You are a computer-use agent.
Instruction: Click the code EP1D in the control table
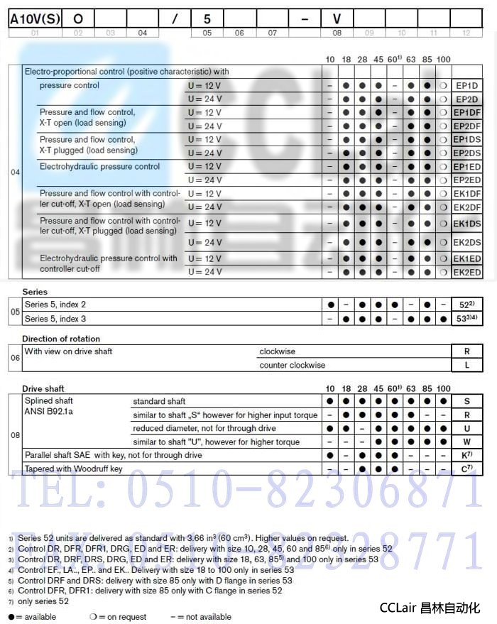click(x=466, y=86)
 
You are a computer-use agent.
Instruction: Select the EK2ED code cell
click(x=466, y=272)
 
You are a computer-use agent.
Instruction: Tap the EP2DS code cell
click(x=466, y=153)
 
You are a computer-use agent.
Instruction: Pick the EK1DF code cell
click(x=466, y=193)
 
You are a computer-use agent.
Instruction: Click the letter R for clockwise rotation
click(x=466, y=351)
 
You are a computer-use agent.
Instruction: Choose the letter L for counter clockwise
click(x=466, y=365)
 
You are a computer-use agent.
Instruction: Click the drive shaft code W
click(x=466, y=442)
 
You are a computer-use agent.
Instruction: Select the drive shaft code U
click(x=466, y=428)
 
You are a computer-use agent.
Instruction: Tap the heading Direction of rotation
click(x=61, y=339)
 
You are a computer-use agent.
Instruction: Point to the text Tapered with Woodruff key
click(x=74, y=469)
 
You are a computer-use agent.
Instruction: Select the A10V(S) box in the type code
click(x=35, y=18)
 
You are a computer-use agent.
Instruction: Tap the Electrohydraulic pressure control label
click(x=100, y=167)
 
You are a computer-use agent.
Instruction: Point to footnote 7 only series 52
click(x=43, y=601)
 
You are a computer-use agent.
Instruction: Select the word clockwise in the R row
click(x=278, y=351)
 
